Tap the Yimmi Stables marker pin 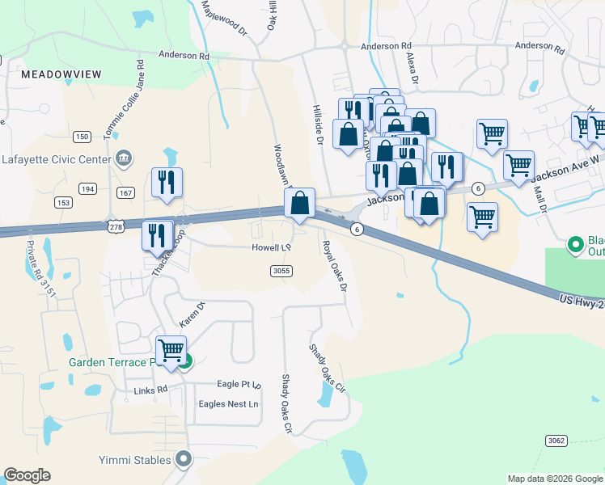click(184, 460)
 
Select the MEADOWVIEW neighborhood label click(61, 74)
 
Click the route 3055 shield click(281, 271)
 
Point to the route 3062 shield click(555, 441)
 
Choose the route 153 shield click(64, 202)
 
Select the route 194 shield click(87, 188)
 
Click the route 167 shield click(125, 192)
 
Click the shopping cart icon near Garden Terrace click(171, 352)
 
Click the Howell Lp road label click(270, 248)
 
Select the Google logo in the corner click(27, 475)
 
